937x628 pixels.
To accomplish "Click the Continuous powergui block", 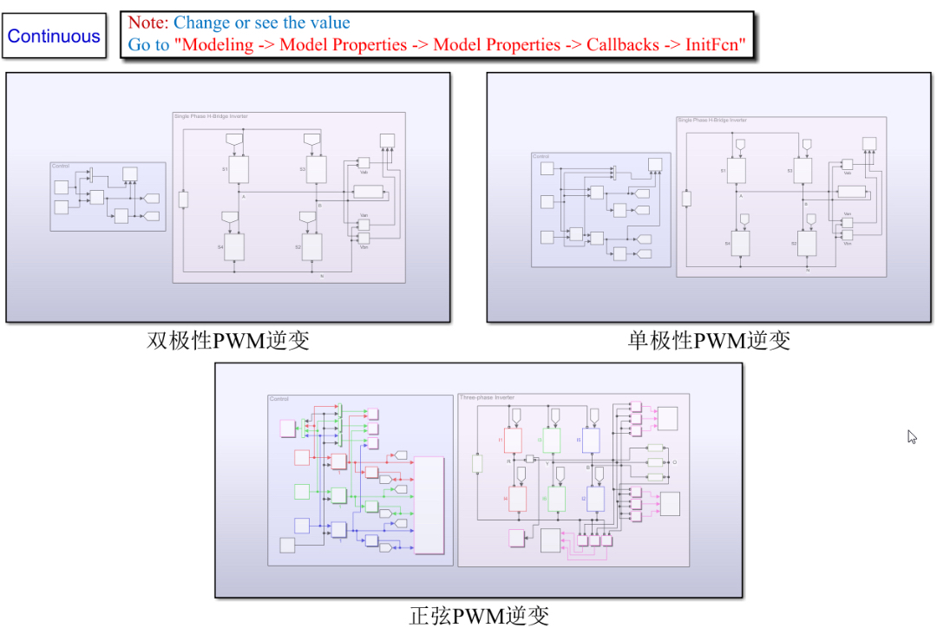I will point(54,36).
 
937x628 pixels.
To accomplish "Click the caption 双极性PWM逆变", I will point(228,340).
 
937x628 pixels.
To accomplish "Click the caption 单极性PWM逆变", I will point(709,340).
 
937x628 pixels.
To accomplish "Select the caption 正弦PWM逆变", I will point(479,615).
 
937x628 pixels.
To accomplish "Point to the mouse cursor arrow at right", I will point(912,436).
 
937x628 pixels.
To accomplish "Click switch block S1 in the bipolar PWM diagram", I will point(239,169).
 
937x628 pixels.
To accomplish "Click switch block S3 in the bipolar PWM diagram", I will point(317,169).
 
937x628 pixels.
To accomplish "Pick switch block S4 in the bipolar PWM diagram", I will point(234,246).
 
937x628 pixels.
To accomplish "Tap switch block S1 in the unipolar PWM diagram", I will point(737,170).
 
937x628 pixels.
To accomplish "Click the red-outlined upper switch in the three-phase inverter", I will point(513,440).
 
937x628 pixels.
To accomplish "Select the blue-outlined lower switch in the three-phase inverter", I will point(596,499).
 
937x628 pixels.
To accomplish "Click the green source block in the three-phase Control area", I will point(301,492).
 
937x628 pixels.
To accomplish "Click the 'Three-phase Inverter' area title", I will point(487,398).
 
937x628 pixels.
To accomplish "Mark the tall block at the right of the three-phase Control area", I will point(429,505).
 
